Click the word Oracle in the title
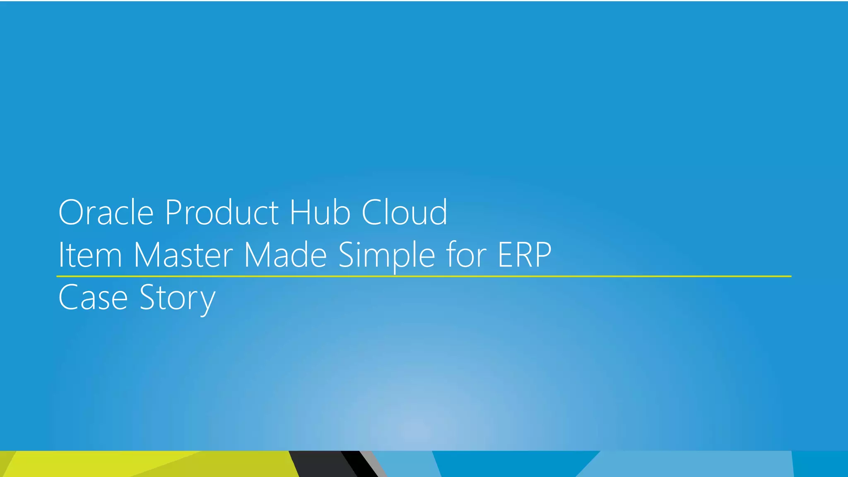coord(106,212)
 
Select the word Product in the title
coord(222,212)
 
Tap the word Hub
coord(320,212)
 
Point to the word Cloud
coord(405,212)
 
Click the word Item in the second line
coord(90,255)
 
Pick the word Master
coord(183,255)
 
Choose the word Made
coord(286,255)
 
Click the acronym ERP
coord(524,255)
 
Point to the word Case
coord(93,297)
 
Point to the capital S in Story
coord(148,297)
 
